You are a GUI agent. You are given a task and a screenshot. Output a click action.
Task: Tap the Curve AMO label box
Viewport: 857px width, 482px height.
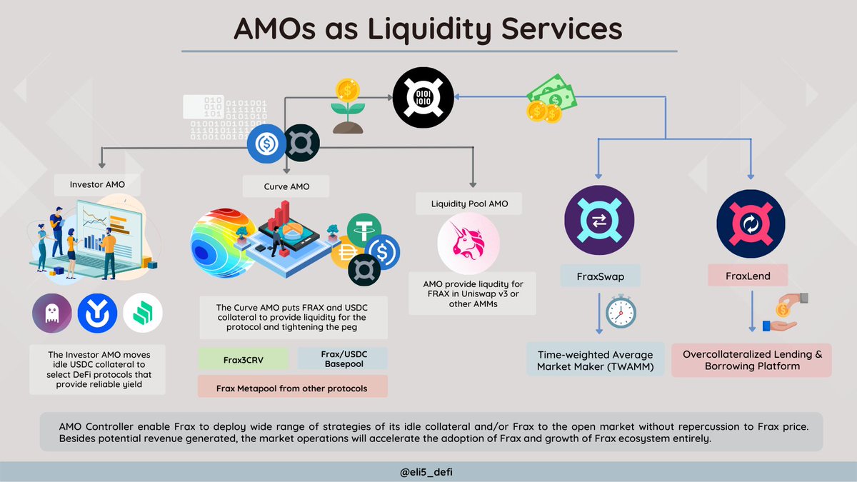[286, 187]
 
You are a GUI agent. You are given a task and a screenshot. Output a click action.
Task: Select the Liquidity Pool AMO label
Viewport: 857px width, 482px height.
[470, 204]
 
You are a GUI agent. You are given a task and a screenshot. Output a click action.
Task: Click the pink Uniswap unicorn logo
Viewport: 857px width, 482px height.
[468, 242]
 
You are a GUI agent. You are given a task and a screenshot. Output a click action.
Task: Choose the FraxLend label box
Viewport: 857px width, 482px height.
[748, 276]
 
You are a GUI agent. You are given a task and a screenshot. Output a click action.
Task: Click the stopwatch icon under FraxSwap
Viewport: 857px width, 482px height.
[621, 311]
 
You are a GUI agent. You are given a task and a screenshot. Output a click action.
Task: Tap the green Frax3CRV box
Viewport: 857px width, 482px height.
[242, 359]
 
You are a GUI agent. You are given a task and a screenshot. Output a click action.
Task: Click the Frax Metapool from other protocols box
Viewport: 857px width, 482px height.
[292, 388]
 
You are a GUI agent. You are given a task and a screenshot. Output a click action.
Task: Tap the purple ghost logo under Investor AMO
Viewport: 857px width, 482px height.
[51, 313]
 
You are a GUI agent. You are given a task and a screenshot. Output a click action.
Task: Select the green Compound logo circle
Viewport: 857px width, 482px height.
[143, 313]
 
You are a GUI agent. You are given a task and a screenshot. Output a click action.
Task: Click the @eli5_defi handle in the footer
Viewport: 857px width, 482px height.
[428, 471]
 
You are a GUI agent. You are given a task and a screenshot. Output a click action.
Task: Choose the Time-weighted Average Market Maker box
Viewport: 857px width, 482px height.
[596, 361]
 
